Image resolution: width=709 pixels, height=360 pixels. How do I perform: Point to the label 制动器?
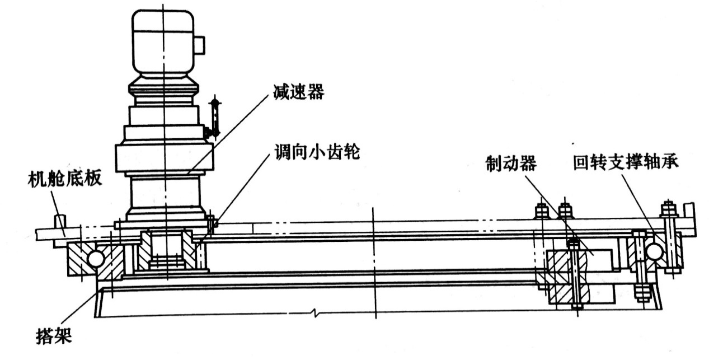tap(511, 163)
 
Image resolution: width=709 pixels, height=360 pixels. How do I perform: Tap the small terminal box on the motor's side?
tap(199, 45)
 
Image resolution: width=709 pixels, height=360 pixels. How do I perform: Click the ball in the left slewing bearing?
tap(95, 258)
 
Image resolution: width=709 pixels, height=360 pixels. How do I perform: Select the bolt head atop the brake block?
tap(572, 244)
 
